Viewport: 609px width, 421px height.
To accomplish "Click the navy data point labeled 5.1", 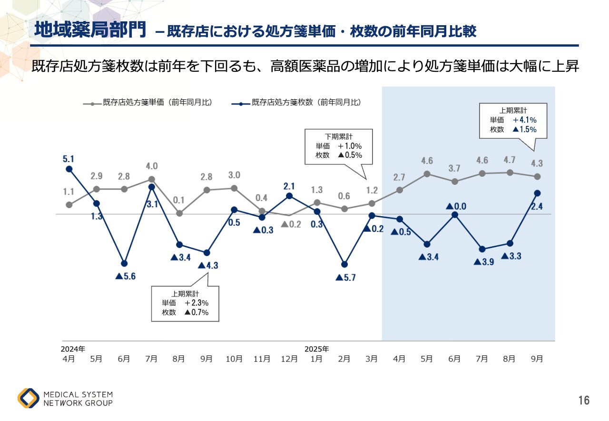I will point(69,169).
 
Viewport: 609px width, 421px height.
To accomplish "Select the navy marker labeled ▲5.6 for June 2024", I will point(124,263).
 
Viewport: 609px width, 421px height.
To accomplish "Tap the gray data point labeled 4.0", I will point(152,179).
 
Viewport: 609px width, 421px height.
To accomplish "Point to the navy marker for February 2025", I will point(344,264).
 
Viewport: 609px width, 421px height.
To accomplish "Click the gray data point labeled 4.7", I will point(510,172).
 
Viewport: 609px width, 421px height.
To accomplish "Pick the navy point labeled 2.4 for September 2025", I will point(537,193).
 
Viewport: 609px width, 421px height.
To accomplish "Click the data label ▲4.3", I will point(208,266).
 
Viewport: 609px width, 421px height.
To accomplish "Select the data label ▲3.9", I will point(484,261).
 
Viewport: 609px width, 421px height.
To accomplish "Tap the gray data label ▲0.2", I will point(291,224).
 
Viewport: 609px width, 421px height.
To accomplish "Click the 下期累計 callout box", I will point(338,145).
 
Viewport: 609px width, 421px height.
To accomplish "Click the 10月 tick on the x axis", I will point(234,359).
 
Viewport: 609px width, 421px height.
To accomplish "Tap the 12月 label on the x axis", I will point(289,359).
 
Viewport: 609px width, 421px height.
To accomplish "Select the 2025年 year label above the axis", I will point(316,349).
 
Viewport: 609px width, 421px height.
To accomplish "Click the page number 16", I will point(584,401).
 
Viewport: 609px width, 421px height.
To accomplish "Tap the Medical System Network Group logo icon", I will point(29,398).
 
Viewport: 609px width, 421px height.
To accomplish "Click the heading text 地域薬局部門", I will point(90,30).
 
